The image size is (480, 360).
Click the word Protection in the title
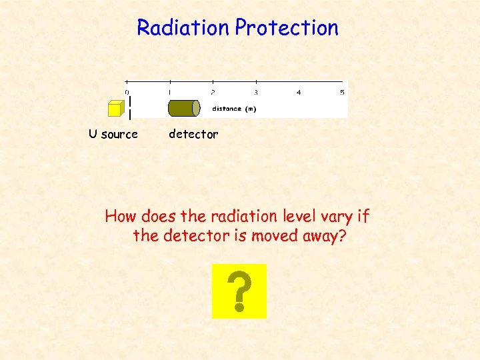point(287,28)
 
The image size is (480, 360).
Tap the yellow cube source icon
point(115,109)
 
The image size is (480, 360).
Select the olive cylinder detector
point(183,108)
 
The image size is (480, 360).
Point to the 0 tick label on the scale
point(127,92)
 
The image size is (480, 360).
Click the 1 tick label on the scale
point(169,92)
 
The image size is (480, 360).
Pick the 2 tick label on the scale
point(213,92)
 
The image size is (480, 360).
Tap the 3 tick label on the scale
point(255,92)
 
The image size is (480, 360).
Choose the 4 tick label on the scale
point(299,92)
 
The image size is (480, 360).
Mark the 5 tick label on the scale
point(342,92)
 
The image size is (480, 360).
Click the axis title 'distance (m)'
point(234,109)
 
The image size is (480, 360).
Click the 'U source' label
point(113,134)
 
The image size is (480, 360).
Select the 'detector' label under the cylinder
point(193,134)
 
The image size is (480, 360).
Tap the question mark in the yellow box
point(239,292)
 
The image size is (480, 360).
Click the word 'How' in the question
point(120,217)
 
